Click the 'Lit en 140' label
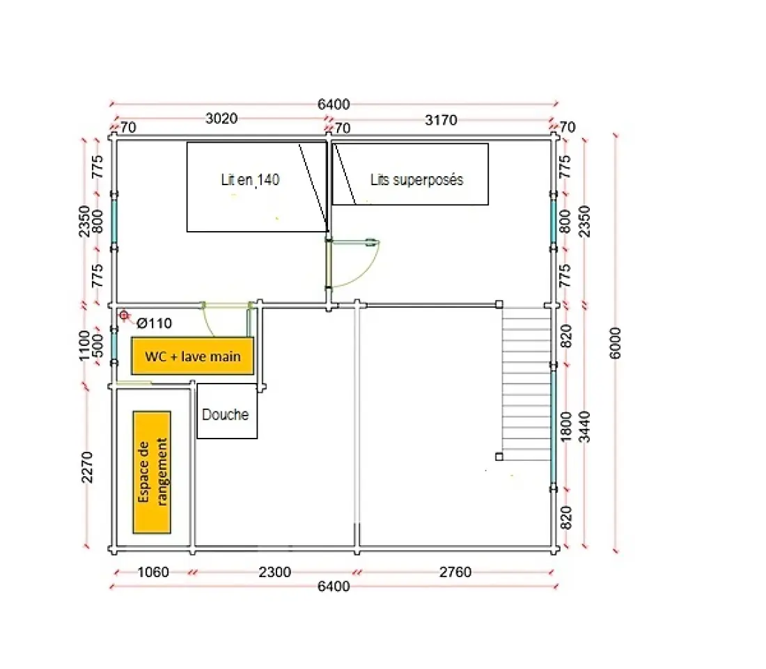[250, 180]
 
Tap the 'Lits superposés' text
[416, 180]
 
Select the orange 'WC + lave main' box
[192, 356]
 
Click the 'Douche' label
[225, 415]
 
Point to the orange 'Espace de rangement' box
[152, 472]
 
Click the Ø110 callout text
[154, 323]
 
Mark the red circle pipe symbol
[124, 315]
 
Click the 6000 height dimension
[616, 343]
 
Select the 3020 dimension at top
[221, 118]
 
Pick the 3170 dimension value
[441, 120]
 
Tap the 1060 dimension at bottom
[153, 572]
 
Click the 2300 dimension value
[274, 572]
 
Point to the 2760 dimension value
[455, 572]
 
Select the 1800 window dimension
[565, 427]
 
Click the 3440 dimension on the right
[584, 427]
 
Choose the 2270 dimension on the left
[86, 467]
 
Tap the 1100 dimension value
[84, 346]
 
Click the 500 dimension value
[97, 346]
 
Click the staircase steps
[526, 384]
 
